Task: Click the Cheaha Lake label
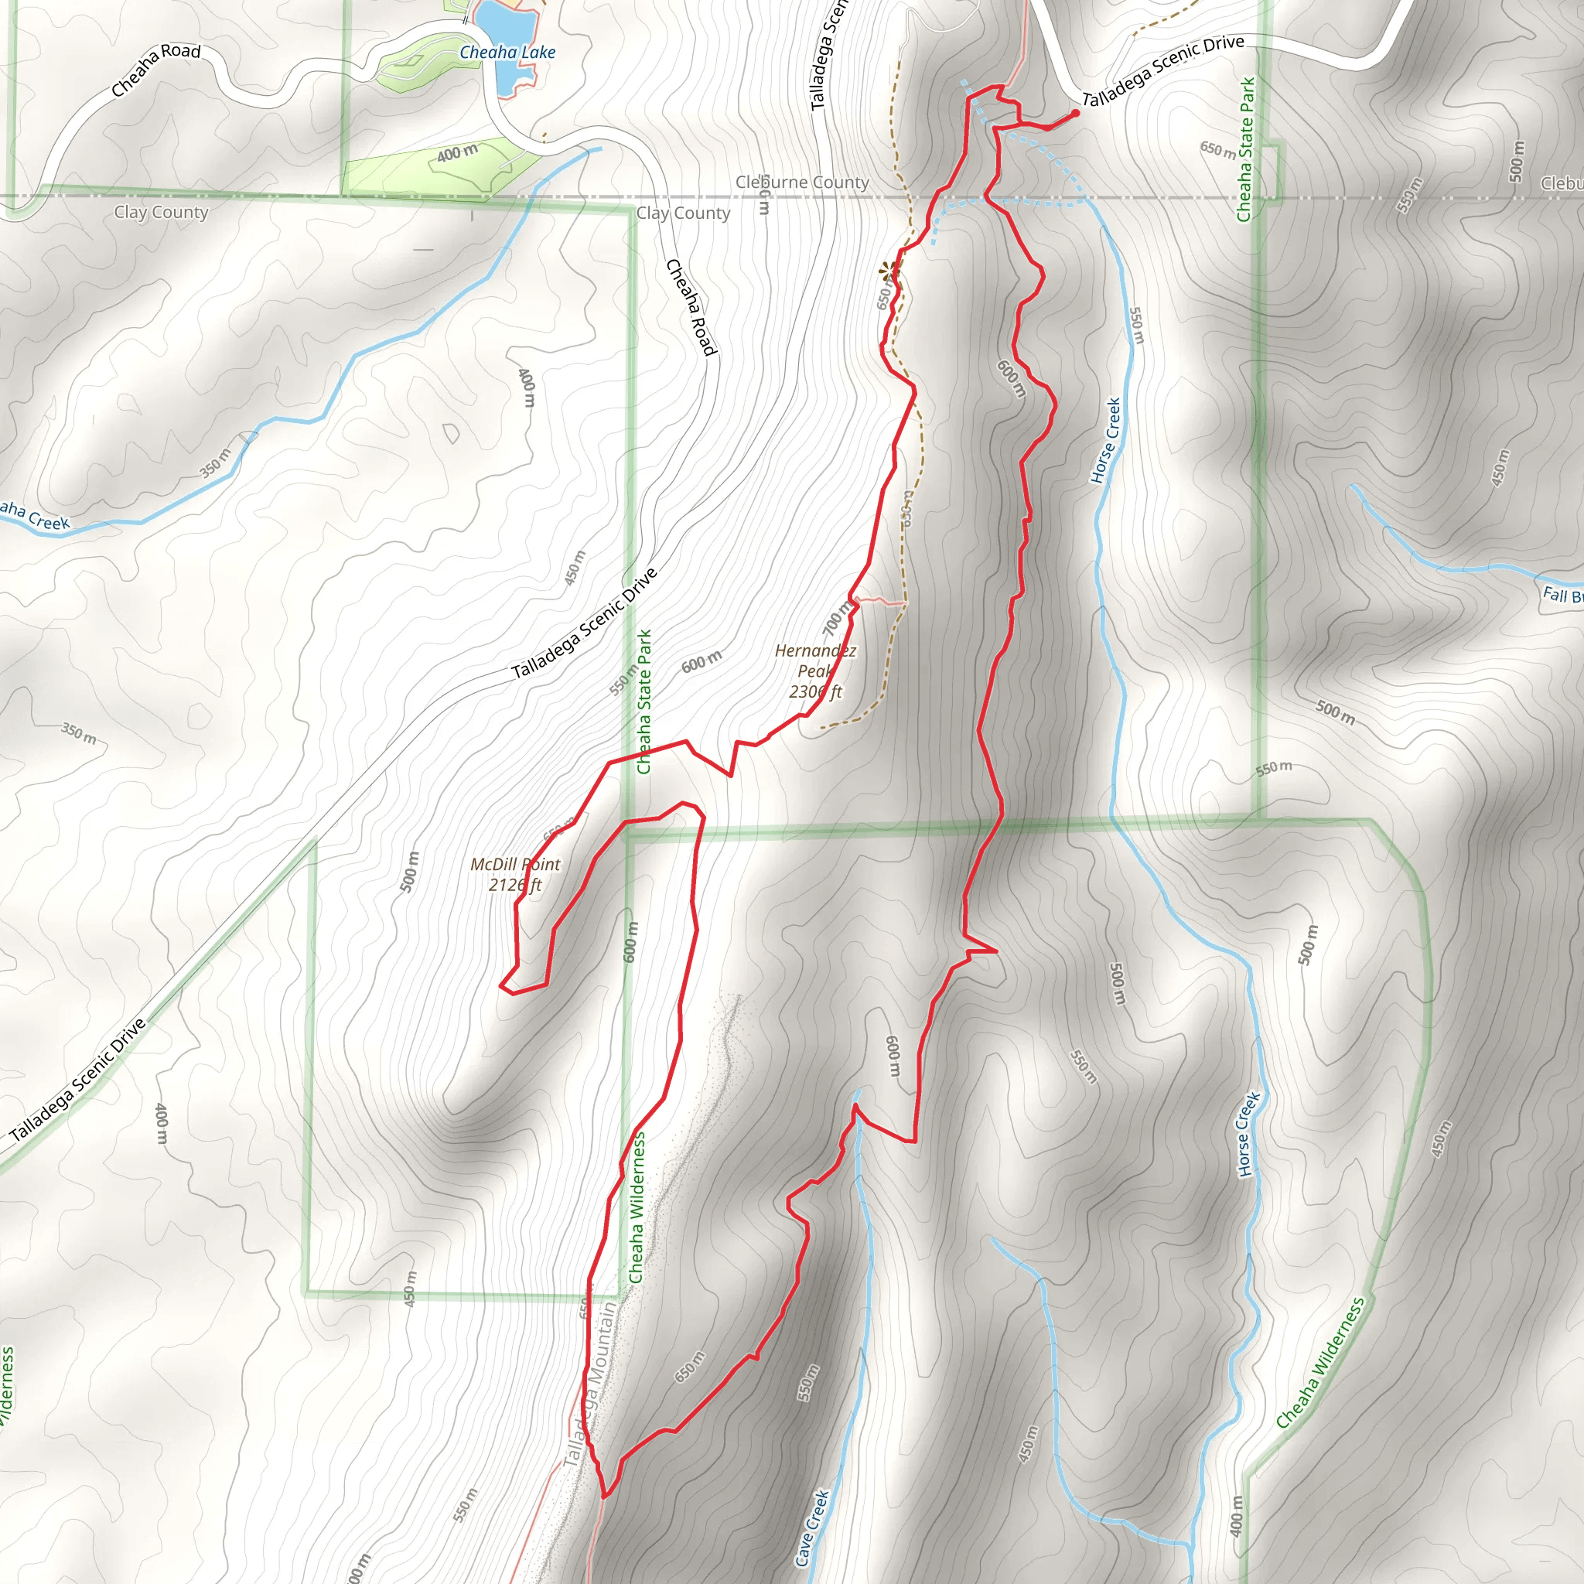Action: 507,53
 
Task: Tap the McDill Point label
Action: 515,864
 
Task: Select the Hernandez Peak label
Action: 815,661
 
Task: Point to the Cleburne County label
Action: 802,182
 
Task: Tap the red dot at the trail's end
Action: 1075,113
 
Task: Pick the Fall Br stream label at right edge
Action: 1562,596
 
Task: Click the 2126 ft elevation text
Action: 515,885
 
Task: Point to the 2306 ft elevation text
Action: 815,692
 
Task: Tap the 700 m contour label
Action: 837,618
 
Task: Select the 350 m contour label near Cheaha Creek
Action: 216,463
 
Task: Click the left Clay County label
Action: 161,213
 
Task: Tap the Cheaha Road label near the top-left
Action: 155,69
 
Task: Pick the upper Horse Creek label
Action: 1105,441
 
